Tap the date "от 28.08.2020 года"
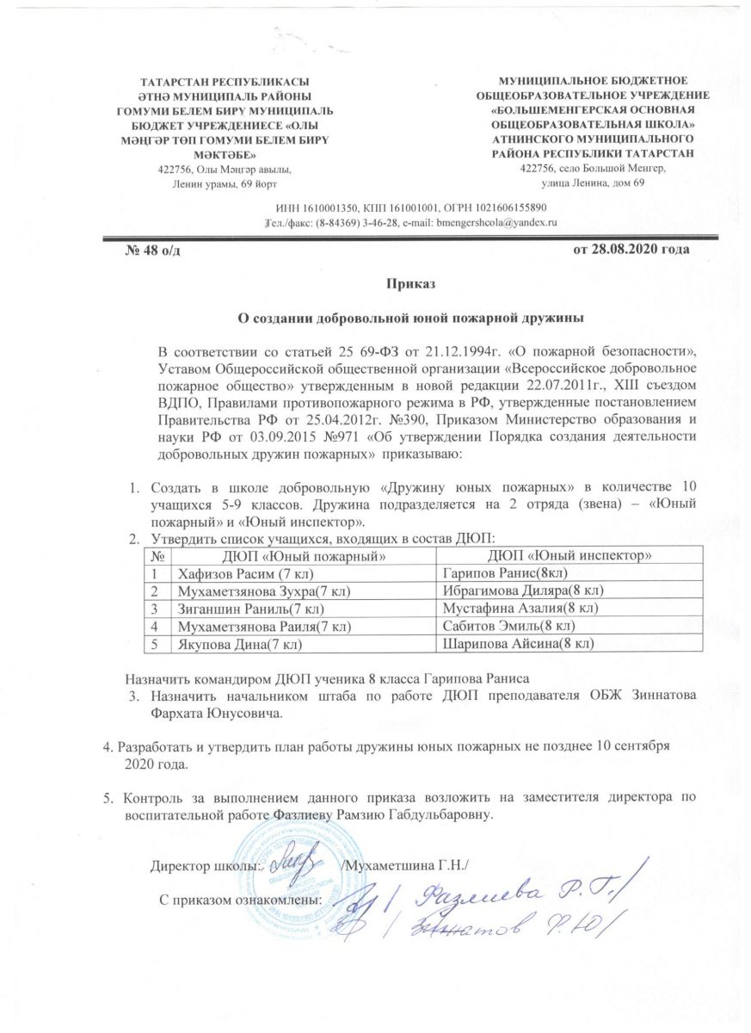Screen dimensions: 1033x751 click(631, 250)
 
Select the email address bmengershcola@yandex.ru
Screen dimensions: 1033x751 click(498, 222)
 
